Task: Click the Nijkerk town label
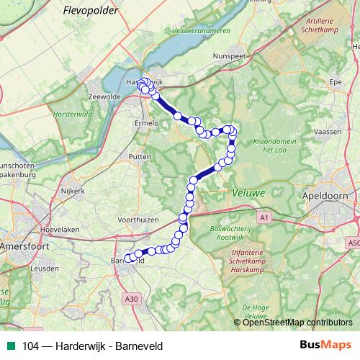[x=73, y=191]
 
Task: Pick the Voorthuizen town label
[x=137, y=218]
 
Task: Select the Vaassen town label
[x=328, y=132]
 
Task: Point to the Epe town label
[x=335, y=83]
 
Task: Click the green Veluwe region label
[x=249, y=193]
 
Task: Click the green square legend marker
[x=9, y=345]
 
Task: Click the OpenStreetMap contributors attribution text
[x=297, y=322]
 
